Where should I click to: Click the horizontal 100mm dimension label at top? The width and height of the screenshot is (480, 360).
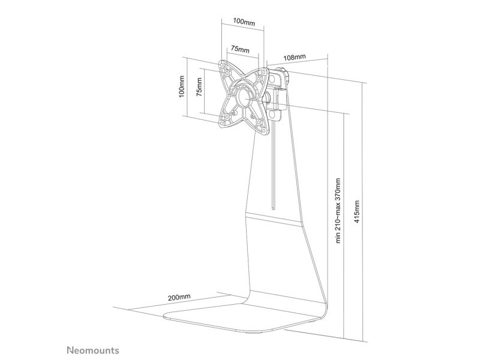tap(244, 22)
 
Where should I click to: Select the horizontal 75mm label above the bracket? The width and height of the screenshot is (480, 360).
tap(240, 49)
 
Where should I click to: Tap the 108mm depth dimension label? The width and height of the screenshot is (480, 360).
tap(295, 57)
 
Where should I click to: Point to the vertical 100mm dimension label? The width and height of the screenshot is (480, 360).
tap(182, 86)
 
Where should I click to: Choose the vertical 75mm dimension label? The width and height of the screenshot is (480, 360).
tap(199, 87)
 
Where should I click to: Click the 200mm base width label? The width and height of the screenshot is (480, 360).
tap(179, 297)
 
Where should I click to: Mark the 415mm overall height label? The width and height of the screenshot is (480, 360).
tap(356, 212)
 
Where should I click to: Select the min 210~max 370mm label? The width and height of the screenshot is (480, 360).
tap(338, 211)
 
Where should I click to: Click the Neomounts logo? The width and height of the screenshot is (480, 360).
tap(93, 350)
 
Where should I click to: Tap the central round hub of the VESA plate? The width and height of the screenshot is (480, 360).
tap(244, 97)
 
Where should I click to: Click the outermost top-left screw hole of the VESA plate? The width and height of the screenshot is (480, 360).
tap(222, 65)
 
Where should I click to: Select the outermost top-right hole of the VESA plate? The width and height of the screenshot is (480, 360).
tap(263, 72)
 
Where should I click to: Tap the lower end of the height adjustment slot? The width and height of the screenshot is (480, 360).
tap(273, 209)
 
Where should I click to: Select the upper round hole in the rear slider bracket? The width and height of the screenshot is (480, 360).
tap(272, 79)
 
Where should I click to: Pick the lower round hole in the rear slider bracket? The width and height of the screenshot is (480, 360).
tap(272, 115)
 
